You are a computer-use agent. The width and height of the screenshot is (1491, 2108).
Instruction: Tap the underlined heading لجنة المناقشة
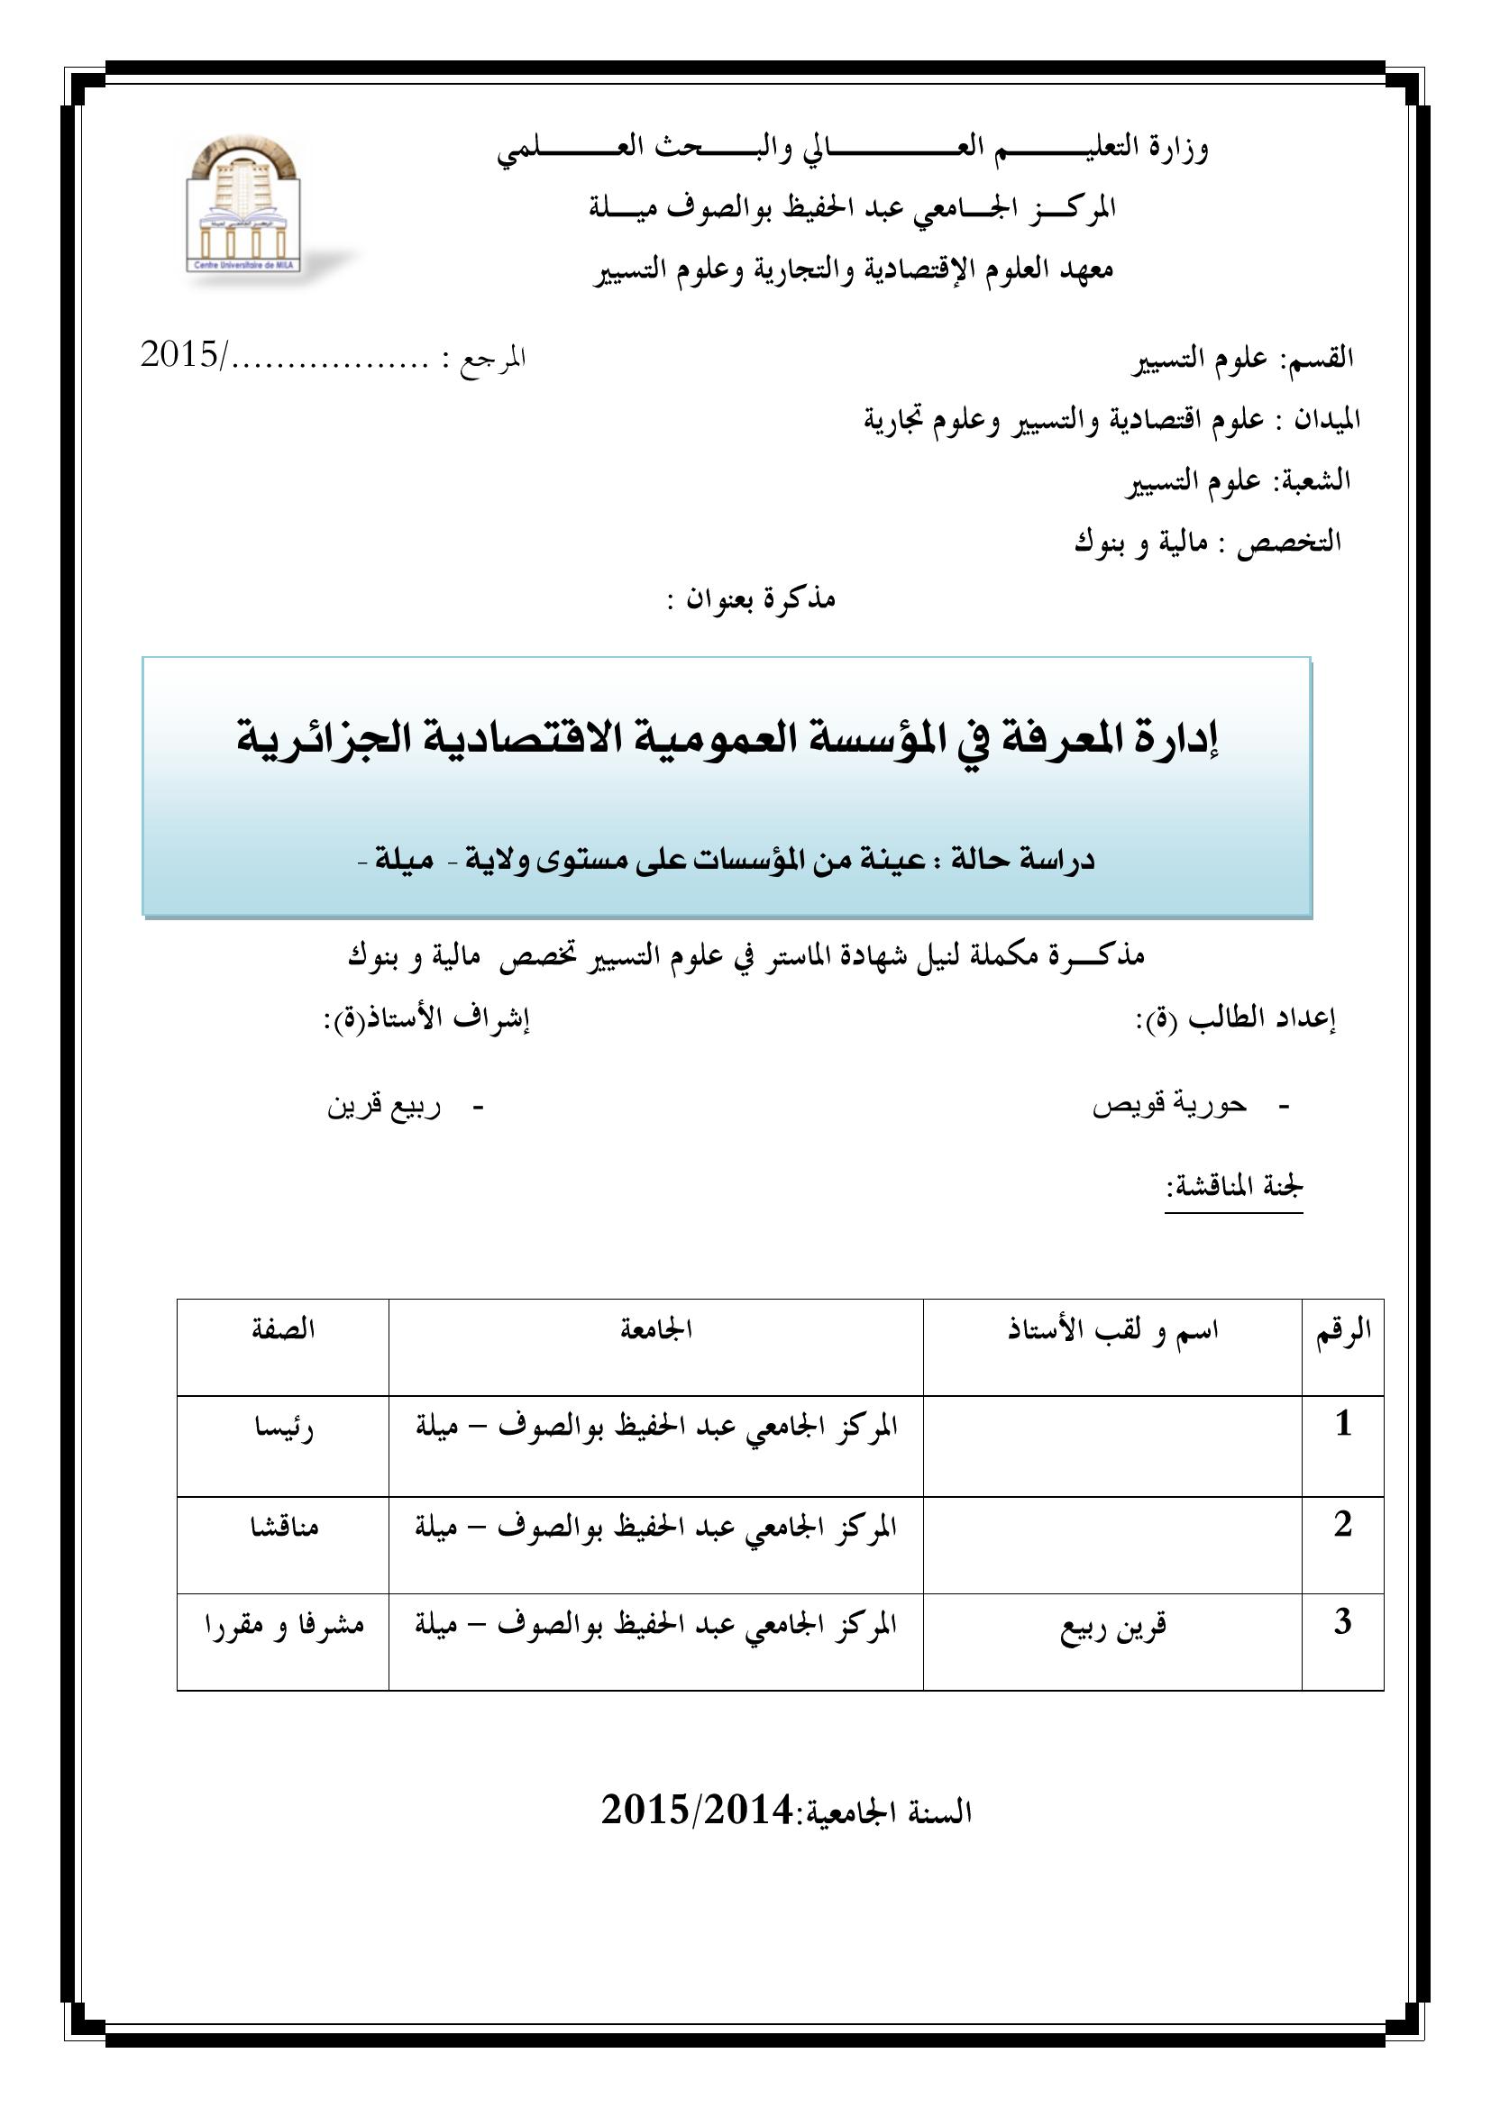tap(1233, 1186)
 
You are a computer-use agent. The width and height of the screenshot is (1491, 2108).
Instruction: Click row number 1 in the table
tap(1342, 1424)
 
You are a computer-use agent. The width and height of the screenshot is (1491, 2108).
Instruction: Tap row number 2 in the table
tap(1342, 1524)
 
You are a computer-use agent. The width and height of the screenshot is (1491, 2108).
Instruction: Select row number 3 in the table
tap(1342, 1622)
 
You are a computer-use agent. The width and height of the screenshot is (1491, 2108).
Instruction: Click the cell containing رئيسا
tap(283, 1428)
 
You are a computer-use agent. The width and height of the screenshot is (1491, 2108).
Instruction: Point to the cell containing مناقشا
tap(283, 1528)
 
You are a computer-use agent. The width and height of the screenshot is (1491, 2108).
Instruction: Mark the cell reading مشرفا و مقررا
tap(283, 1625)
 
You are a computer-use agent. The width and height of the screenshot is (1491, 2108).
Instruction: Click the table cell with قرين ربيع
tap(1112, 1627)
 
